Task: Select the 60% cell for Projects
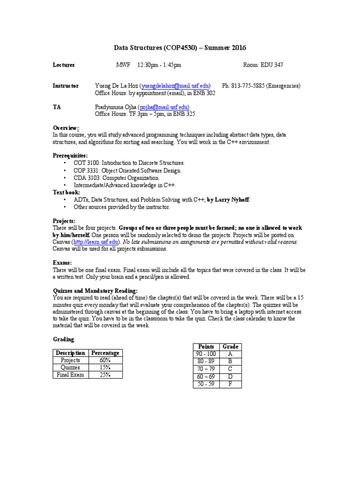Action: click(x=105, y=360)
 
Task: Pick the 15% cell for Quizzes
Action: click(x=105, y=367)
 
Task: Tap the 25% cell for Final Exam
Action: click(x=105, y=375)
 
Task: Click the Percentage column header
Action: click(x=105, y=352)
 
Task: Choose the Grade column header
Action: click(x=230, y=346)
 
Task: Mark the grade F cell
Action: click(x=230, y=384)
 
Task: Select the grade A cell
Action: click(x=230, y=354)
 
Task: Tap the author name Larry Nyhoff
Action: click(x=232, y=199)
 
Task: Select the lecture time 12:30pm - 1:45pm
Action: click(x=159, y=65)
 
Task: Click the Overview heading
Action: click(x=66, y=128)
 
